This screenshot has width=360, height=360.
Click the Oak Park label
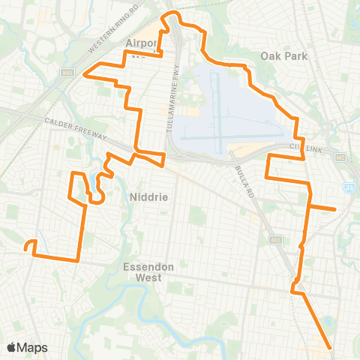[x=280, y=55]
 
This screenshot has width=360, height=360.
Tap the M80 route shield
[x=67, y=72]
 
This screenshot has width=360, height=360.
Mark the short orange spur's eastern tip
[x=334, y=209]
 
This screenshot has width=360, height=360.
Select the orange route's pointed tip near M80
[x=84, y=75]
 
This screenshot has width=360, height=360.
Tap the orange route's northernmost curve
[x=174, y=13]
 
